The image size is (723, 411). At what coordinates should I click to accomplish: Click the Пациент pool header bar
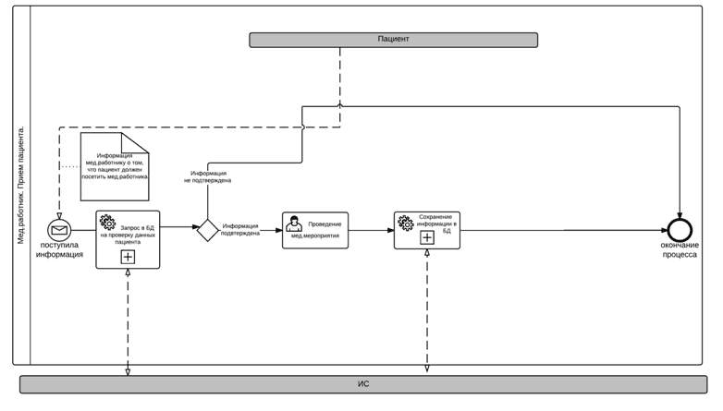(393, 40)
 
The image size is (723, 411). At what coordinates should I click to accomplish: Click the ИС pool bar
(363, 382)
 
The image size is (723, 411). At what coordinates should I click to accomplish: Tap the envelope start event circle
(60, 230)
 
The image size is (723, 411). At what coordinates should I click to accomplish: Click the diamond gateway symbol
(207, 230)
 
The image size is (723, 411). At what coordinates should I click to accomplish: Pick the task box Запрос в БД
(128, 239)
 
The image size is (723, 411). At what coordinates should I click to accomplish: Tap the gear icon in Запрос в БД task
(107, 222)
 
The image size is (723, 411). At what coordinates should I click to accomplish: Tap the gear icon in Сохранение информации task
(405, 222)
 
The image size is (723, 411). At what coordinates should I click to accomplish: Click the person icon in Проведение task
(294, 223)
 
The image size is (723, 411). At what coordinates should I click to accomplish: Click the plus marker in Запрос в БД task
(128, 257)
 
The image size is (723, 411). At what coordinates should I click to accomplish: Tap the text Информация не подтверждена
(211, 177)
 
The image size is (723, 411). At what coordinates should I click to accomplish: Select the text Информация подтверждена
(240, 230)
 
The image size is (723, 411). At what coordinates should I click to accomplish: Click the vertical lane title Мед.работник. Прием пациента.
(21, 185)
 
